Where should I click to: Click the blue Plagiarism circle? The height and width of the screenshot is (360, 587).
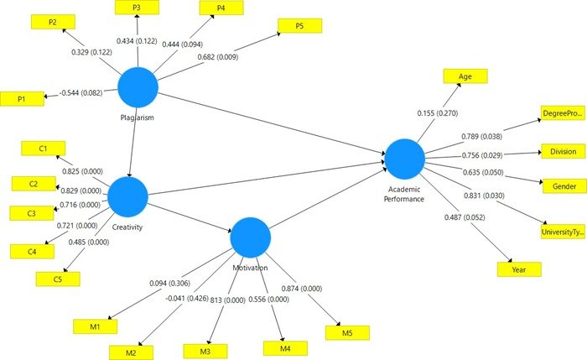pos(138,87)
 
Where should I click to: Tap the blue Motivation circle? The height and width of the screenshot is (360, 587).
pos(251,237)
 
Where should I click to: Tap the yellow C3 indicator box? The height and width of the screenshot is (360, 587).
pos(31,212)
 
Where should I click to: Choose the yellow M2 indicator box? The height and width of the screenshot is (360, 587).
pos(132,352)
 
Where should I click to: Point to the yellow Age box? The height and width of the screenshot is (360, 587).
pos(464,75)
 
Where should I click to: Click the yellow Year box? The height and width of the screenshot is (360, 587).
pos(519,269)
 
